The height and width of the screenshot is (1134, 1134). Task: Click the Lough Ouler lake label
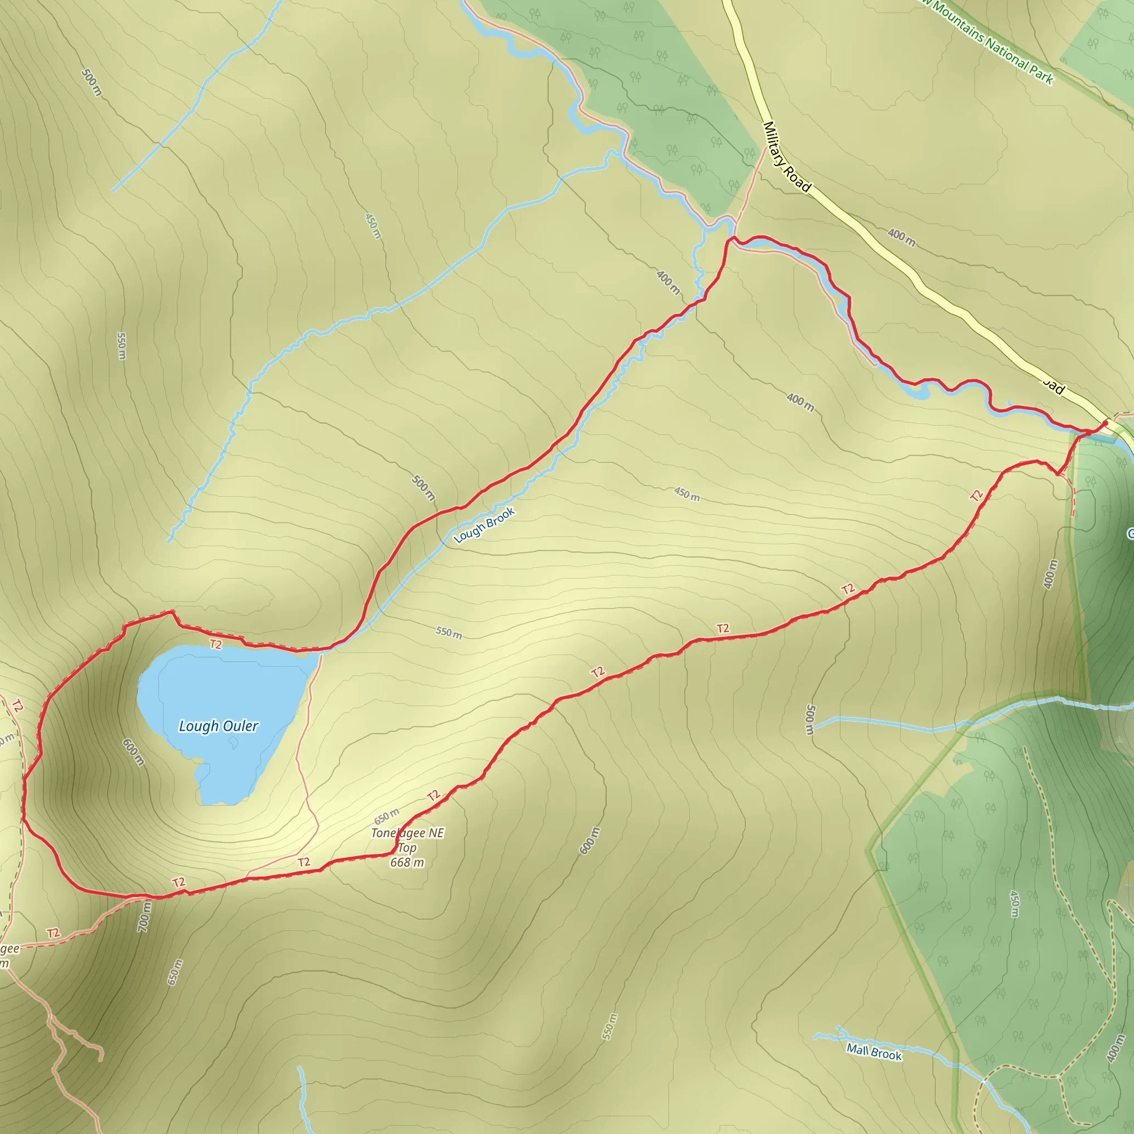coord(218,726)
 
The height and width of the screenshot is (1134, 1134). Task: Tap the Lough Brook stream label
coord(484,525)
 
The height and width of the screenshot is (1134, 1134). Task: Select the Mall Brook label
coord(873,1052)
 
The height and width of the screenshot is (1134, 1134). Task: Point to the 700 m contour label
coord(145,917)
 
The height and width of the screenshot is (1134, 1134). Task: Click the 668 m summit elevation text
coord(407,862)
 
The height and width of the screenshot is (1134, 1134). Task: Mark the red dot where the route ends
coord(1105,422)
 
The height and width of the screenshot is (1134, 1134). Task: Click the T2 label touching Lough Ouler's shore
coord(216,645)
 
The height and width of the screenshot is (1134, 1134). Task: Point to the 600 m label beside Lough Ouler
coord(133,752)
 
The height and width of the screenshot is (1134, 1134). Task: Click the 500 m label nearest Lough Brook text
coord(423,488)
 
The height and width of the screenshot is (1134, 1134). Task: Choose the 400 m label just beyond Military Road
coord(901,237)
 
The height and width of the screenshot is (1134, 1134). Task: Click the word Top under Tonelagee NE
coord(407,848)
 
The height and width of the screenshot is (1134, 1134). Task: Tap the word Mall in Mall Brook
coord(858,1049)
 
